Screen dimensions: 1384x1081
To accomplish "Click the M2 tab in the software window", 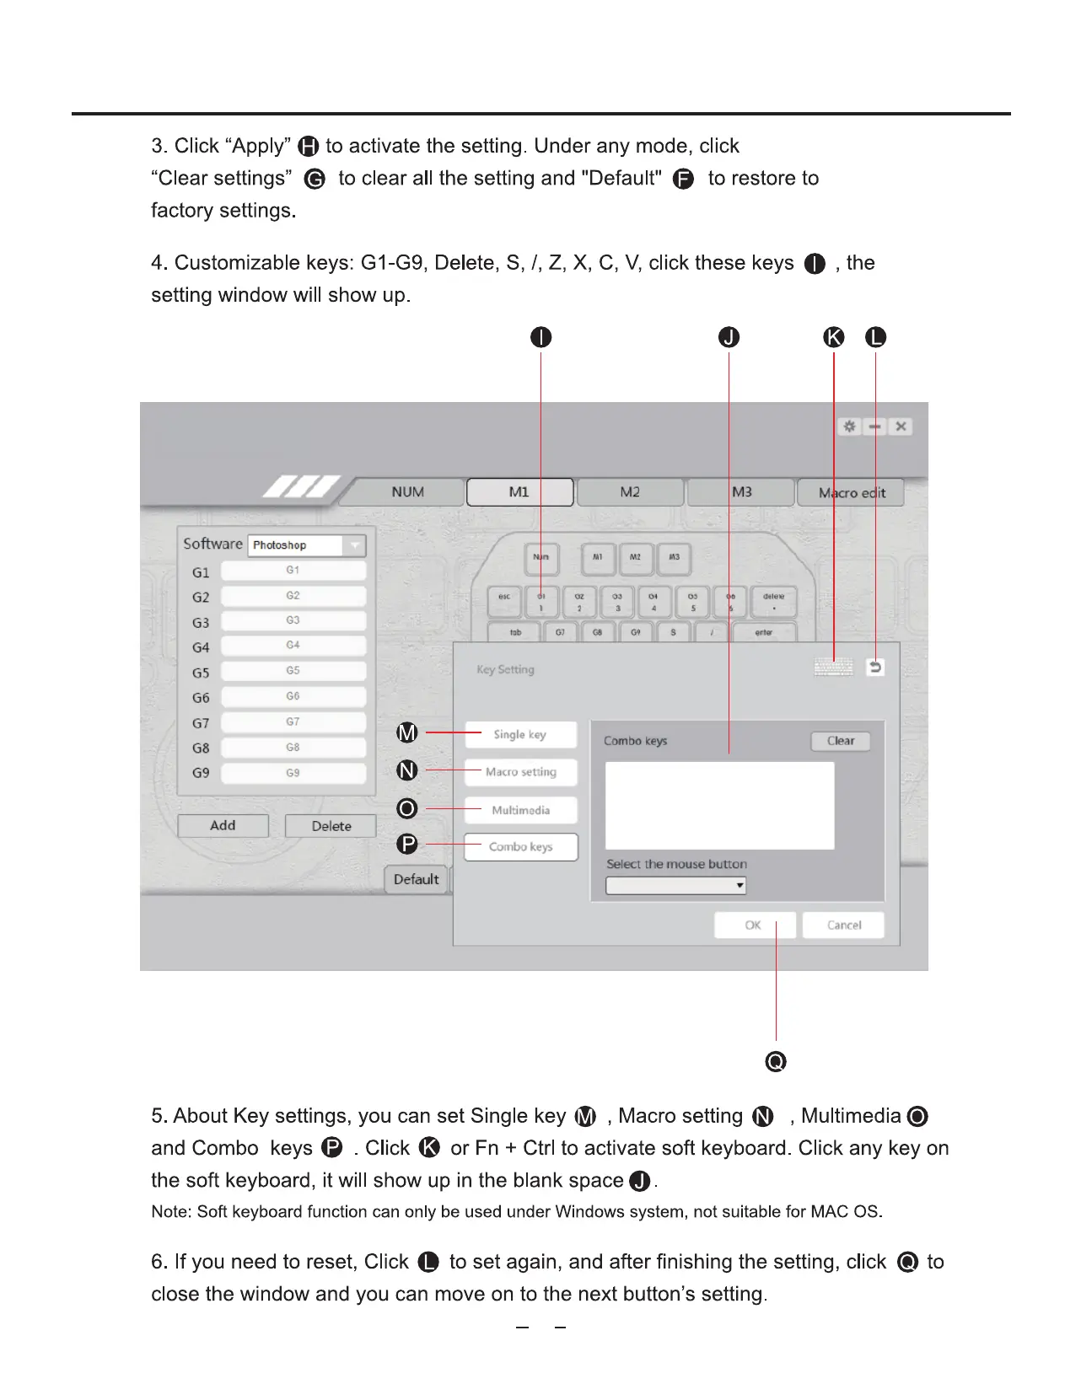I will tap(630, 492).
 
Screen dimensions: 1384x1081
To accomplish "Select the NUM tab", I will tap(408, 492).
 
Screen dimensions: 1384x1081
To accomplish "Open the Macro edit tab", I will tap(851, 493).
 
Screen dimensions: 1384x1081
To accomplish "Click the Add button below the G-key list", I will tap(223, 826).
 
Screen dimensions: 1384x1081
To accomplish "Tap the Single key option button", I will tap(520, 735).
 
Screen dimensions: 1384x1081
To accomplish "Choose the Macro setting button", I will tap(520, 772).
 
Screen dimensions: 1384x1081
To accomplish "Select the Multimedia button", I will tap(520, 810).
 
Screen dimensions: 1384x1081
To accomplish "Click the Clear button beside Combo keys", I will tap(840, 741).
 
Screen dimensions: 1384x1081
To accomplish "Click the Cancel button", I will tap(843, 925).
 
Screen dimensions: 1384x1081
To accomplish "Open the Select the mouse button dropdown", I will tap(675, 886).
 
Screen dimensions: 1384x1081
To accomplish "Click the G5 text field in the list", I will tap(293, 672).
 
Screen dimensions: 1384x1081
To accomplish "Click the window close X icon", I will tap(901, 426).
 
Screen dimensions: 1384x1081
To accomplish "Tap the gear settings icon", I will tap(849, 426).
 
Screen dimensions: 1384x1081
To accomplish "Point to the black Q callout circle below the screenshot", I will tap(776, 1061).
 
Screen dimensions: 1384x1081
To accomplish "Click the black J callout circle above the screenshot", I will tap(729, 337).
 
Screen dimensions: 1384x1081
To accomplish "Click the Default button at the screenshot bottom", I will tap(417, 880).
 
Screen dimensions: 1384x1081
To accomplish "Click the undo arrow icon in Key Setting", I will tap(875, 668).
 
